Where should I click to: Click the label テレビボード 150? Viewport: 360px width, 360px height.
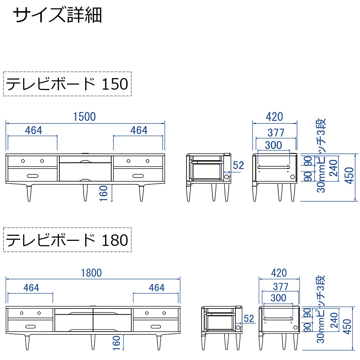67,84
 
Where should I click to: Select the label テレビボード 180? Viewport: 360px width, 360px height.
67,240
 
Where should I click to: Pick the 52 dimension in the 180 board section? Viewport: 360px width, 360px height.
248,318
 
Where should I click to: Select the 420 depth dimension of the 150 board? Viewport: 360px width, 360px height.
274,117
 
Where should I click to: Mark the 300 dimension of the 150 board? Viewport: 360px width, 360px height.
273,145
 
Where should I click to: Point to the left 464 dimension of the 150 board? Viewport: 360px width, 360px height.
33,130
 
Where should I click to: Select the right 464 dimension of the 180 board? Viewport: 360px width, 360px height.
157,288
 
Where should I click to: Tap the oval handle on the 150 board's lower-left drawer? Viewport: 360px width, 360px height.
32,175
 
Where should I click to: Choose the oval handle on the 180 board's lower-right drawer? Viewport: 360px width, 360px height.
156,326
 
